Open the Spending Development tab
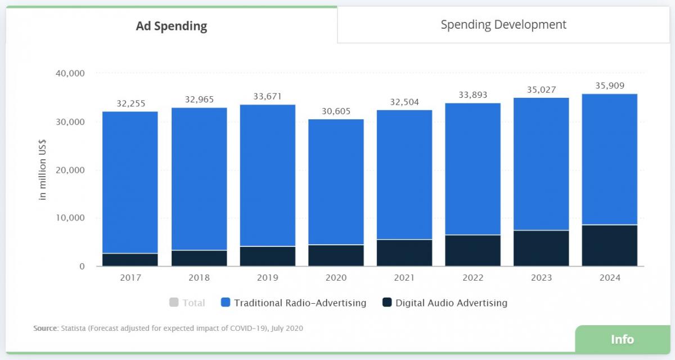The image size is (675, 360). click(x=503, y=25)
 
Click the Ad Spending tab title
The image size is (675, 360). click(x=172, y=26)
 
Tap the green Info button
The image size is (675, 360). click(x=622, y=339)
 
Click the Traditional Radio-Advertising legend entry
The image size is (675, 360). click(x=300, y=303)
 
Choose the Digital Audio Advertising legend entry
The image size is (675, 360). click(x=451, y=303)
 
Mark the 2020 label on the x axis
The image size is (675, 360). click(x=336, y=277)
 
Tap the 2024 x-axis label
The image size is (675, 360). click(x=610, y=277)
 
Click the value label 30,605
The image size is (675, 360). click(x=336, y=111)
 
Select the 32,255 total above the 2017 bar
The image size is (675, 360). click(x=130, y=103)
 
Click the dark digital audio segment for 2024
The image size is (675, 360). click(x=610, y=245)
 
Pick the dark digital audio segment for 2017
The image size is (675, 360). click(x=130, y=259)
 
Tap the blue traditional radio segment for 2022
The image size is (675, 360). click(x=472, y=169)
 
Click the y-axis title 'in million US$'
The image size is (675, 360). click(x=43, y=169)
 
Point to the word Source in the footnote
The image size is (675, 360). click(x=46, y=328)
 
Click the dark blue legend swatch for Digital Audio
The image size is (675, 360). click(x=387, y=303)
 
